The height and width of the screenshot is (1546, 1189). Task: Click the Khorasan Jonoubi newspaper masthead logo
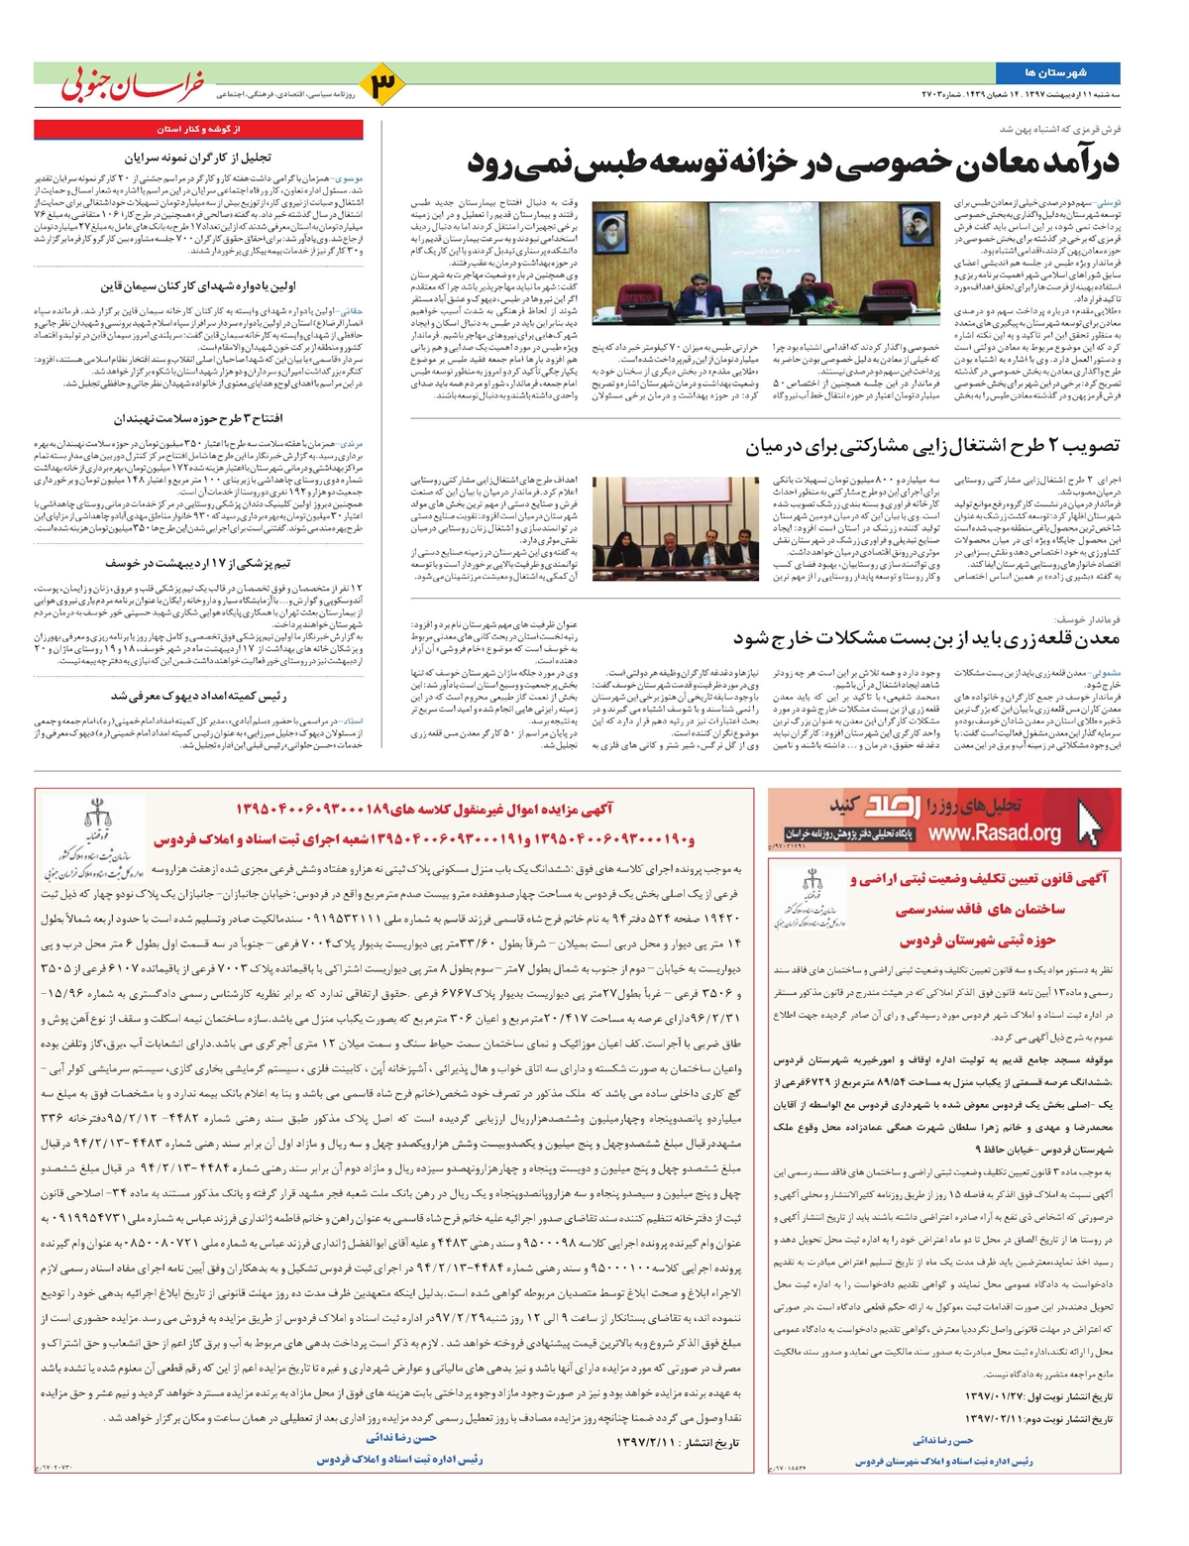pyautogui.click(x=134, y=85)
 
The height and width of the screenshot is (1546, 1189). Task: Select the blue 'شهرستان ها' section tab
pyautogui.click(x=1057, y=72)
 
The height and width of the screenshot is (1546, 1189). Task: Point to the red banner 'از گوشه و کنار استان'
pyautogui.click(x=198, y=129)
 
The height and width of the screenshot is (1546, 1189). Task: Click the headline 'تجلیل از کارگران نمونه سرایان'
pyautogui.click(x=198, y=157)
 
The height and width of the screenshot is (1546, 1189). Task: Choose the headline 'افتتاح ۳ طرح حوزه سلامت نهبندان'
pyautogui.click(x=198, y=418)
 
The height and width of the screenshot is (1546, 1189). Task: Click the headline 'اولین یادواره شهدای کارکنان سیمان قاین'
pyautogui.click(x=198, y=286)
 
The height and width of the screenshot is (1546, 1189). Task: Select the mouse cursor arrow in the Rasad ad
pyautogui.click(x=1090, y=822)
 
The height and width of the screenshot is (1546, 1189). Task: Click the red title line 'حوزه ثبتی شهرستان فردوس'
pyautogui.click(x=978, y=939)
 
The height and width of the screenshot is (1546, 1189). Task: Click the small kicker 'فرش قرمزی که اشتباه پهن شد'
pyautogui.click(x=1060, y=129)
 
